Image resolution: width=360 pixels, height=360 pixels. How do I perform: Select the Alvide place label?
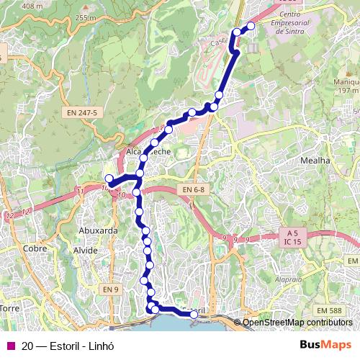[x=84, y=251]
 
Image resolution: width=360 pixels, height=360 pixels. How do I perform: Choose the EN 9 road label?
[x=109, y=289]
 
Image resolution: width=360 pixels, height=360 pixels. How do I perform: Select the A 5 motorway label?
[x=292, y=233]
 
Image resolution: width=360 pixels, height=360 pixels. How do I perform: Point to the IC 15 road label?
[x=292, y=243]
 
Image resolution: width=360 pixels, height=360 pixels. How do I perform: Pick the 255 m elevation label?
[x=85, y=18]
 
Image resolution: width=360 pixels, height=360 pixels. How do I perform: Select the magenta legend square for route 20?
[x=10, y=345]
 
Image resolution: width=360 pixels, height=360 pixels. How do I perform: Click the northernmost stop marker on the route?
[x=251, y=27]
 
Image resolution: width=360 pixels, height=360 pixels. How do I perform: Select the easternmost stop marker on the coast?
[x=194, y=314]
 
